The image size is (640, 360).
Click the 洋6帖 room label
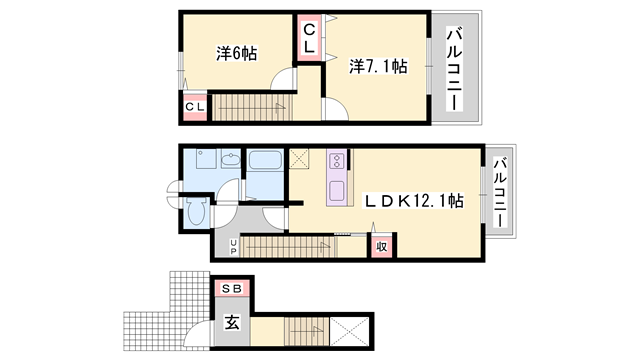(x=236, y=54)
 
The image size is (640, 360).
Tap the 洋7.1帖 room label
(x=378, y=67)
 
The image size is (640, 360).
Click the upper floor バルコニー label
(x=453, y=68)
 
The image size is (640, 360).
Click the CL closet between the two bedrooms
(x=309, y=39)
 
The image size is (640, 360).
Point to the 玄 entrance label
(x=231, y=322)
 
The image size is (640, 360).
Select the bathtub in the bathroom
(x=265, y=161)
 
